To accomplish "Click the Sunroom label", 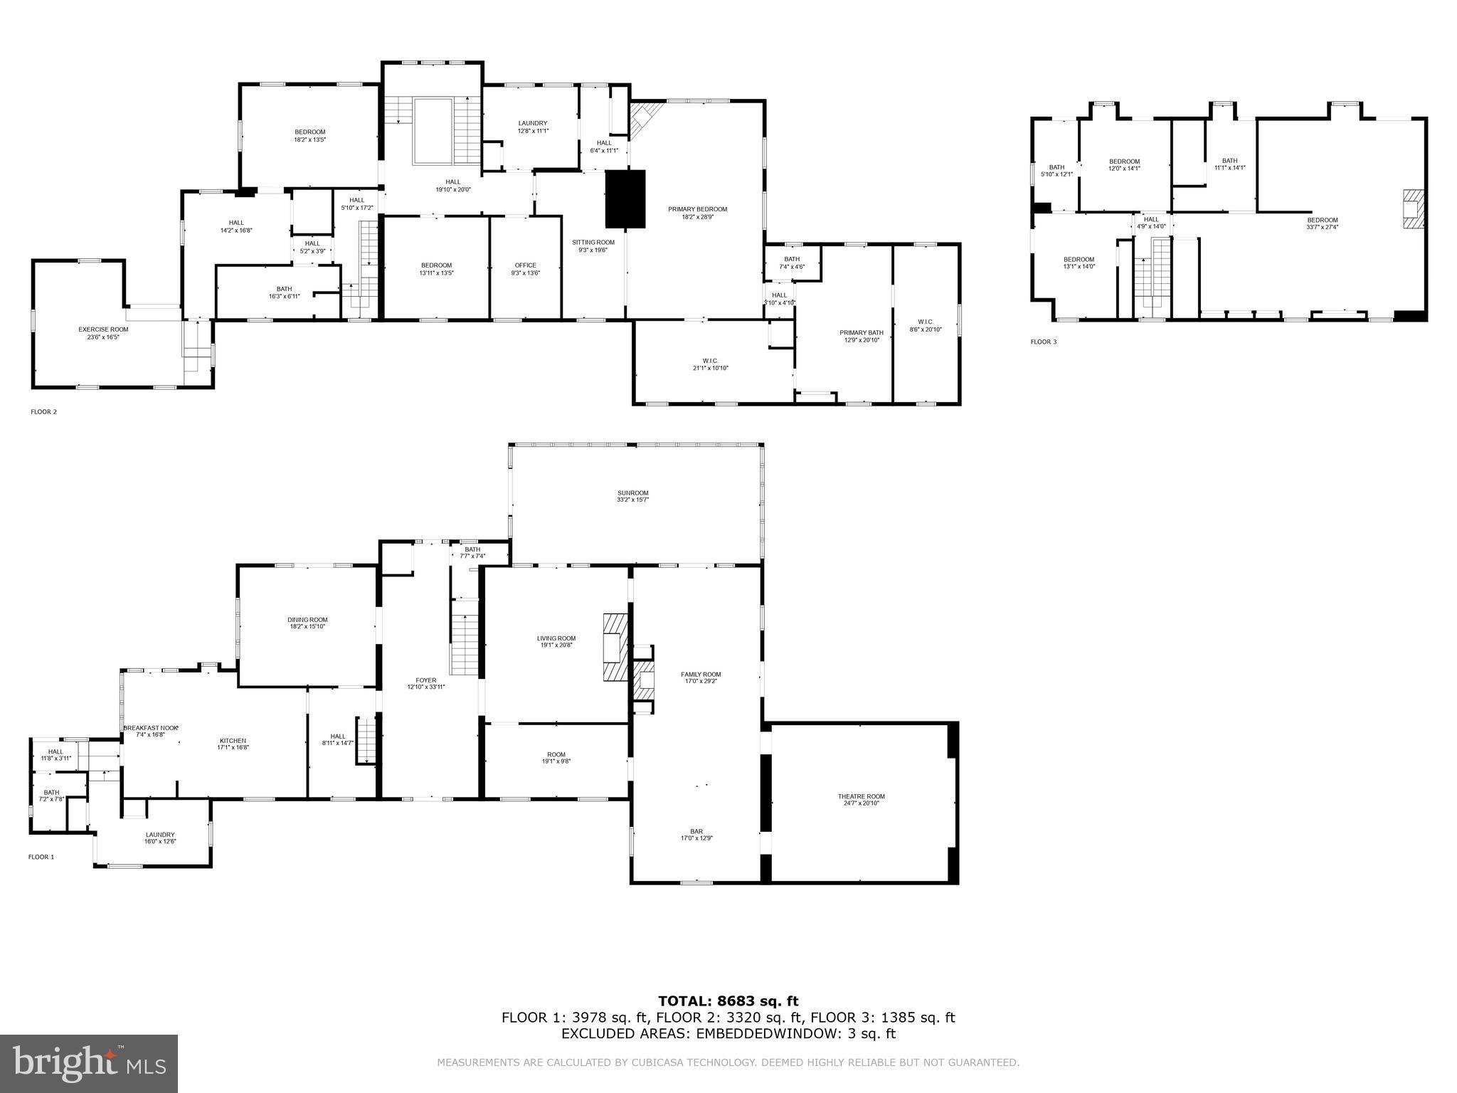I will pyautogui.click(x=632, y=492).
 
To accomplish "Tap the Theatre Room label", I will pyautogui.click(x=860, y=796).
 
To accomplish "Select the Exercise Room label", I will pyautogui.click(x=103, y=329).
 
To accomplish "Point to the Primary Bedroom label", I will pyautogui.click(x=697, y=209).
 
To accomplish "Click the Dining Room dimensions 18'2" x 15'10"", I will pyautogui.click(x=307, y=627).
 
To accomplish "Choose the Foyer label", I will pyautogui.click(x=426, y=680).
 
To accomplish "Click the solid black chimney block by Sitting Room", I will pyautogui.click(x=625, y=199).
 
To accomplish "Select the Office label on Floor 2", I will pyautogui.click(x=525, y=265).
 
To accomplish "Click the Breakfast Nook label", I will pyautogui.click(x=150, y=728).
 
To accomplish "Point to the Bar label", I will pyautogui.click(x=696, y=831).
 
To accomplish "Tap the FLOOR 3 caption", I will pyautogui.click(x=1044, y=342).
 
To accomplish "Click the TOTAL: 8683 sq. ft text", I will pyautogui.click(x=728, y=1001).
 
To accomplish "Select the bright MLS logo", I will pyautogui.click(x=89, y=1063).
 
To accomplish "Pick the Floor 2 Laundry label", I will pyautogui.click(x=532, y=123).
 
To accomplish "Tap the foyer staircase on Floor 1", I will pyautogui.click(x=465, y=637).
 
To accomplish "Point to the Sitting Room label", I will pyautogui.click(x=593, y=242).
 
